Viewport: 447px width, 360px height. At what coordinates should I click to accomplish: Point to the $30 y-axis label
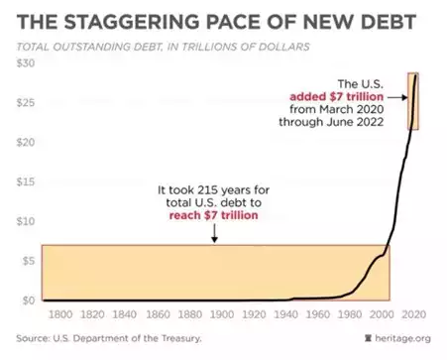pyautogui.click(x=23, y=63)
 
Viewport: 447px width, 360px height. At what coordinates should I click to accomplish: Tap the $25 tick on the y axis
pyautogui.click(x=23, y=103)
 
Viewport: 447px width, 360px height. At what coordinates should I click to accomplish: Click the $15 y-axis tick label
pyautogui.click(x=23, y=181)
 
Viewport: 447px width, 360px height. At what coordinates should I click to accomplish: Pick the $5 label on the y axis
pyautogui.click(x=26, y=261)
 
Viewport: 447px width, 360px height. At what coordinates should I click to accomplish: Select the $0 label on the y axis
pyautogui.click(x=26, y=300)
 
